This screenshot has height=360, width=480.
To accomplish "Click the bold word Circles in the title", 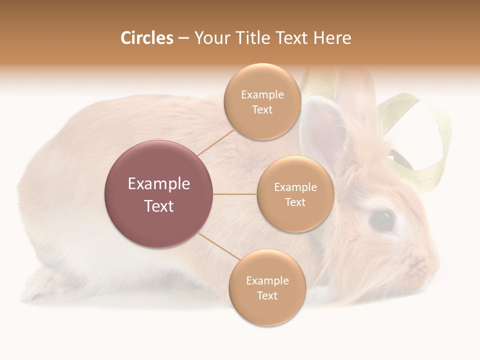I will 146,38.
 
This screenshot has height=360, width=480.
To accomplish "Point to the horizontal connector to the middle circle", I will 235,194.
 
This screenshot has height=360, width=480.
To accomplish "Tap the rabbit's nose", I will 434,260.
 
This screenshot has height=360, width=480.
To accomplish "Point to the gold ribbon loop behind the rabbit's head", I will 425,140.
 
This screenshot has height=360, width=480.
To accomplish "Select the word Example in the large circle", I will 159,184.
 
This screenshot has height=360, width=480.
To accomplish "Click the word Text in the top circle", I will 262,110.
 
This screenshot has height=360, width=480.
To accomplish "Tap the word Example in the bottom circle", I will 267,280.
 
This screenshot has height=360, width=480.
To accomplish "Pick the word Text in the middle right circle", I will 295,202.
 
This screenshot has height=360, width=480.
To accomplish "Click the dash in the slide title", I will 183,38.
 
